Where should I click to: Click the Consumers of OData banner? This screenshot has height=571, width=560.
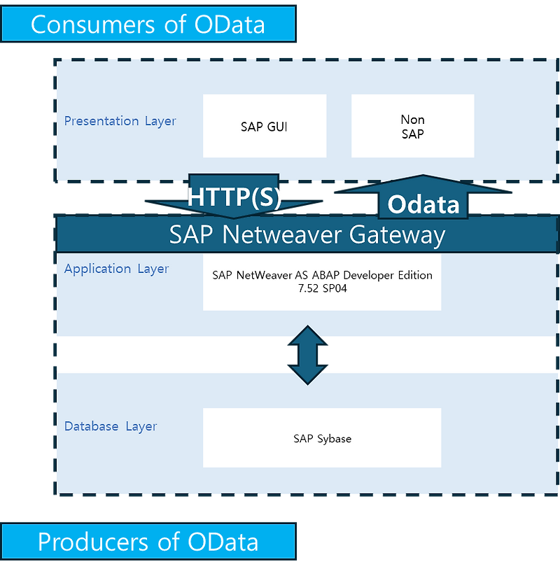tap(148, 24)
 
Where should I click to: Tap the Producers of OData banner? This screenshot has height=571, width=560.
tap(148, 542)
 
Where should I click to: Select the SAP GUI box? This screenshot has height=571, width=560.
tap(264, 126)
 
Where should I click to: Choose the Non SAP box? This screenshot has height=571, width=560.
tap(412, 126)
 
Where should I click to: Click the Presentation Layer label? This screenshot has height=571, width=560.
tap(120, 121)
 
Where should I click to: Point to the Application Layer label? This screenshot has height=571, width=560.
tap(116, 269)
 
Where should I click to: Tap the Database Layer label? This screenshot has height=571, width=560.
tap(111, 426)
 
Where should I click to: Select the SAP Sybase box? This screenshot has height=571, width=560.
tap(322, 438)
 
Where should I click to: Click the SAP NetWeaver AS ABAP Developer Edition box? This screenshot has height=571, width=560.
tap(322, 281)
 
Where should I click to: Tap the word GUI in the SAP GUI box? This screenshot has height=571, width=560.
tap(276, 127)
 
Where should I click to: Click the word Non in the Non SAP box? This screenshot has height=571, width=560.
tap(412, 120)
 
